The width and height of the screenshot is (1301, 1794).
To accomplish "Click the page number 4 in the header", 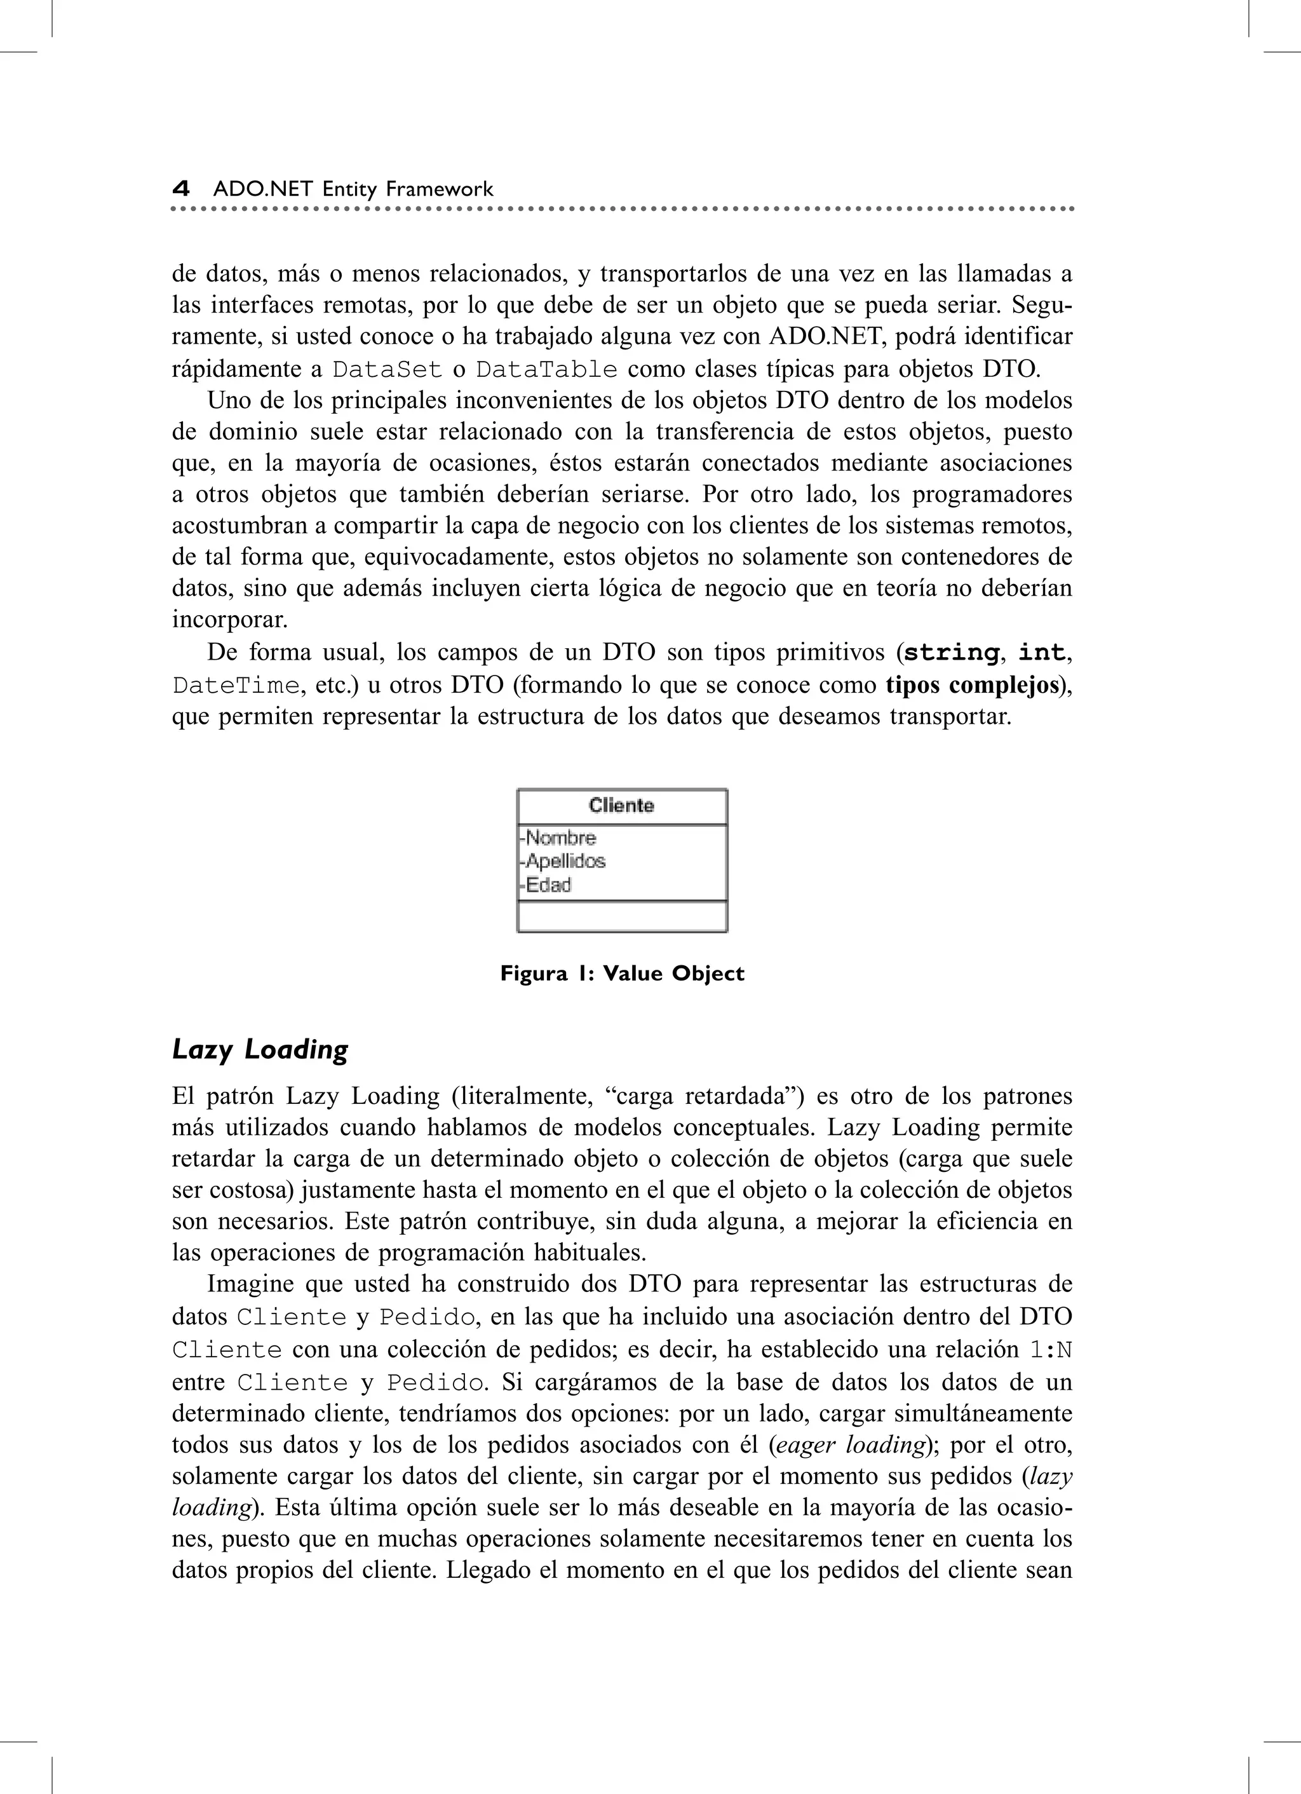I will pyautogui.click(x=181, y=189).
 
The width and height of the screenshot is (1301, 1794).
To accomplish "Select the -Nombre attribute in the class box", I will pyautogui.click(x=558, y=838).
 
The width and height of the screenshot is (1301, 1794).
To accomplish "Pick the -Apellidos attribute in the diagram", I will pyautogui.click(x=563, y=860).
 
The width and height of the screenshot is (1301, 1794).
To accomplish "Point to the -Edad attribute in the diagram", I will pyautogui.click(x=546, y=885).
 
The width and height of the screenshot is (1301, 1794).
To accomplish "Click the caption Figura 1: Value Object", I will pyautogui.click(x=622, y=973).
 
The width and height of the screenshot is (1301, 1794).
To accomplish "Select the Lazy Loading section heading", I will pyautogui.click(x=260, y=1050).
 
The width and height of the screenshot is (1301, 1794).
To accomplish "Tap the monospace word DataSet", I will pyautogui.click(x=386, y=369).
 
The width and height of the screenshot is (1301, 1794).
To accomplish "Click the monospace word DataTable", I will pyautogui.click(x=546, y=369).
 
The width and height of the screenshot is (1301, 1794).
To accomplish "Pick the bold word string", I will pyautogui.click(x=950, y=653).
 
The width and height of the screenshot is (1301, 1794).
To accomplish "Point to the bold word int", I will pyautogui.click(x=1041, y=653).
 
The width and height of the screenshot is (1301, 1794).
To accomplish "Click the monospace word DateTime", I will pyautogui.click(x=236, y=685).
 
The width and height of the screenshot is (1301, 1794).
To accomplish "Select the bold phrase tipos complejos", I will pyautogui.click(x=971, y=684).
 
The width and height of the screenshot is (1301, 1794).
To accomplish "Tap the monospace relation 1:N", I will pyautogui.click(x=1049, y=1349).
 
